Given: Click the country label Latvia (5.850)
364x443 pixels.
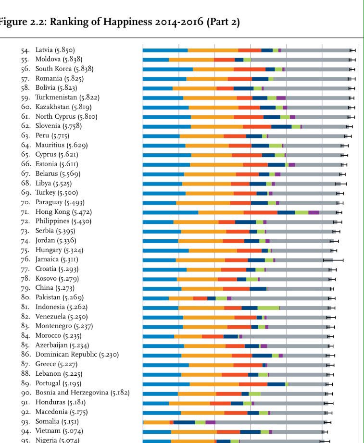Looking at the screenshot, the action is pos(55,50).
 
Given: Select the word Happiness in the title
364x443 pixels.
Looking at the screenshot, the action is pos(127,22).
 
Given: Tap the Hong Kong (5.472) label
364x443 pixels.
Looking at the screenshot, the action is pos(63,212).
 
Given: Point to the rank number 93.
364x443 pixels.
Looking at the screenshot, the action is pos(25,422).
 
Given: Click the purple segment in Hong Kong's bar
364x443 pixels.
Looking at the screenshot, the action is pos(314,212).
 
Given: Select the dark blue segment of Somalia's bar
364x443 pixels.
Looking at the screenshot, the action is pos(184,422).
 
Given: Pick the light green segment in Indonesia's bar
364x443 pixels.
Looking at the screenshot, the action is pos(268,308).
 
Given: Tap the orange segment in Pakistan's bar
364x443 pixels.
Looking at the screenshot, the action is pos(181,298).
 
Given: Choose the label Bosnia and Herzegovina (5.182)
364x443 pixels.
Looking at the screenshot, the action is pos(82,393).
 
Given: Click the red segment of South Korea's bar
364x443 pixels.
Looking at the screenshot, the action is pos(250,69).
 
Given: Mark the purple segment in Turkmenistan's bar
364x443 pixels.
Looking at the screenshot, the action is pos(281,98).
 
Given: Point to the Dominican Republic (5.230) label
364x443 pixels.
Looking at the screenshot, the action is pos(77,355).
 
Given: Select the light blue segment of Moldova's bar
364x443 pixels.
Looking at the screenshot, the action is pos(156,60).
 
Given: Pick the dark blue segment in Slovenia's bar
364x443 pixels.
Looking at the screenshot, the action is pos(281,126).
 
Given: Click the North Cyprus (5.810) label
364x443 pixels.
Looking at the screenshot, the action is pos(66,117).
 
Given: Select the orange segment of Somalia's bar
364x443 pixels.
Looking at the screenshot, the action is pos(157,422).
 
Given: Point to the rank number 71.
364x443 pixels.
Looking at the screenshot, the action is pos(25,212).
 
